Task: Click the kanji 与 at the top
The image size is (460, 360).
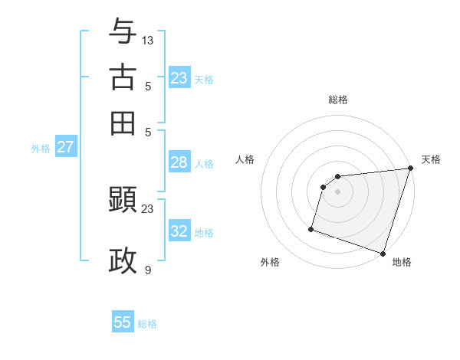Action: click(123, 31)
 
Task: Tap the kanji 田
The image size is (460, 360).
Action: click(123, 123)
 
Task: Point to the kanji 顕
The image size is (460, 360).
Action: click(123, 200)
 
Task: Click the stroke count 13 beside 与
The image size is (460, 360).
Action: click(148, 40)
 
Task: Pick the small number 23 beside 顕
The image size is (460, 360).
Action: click(148, 208)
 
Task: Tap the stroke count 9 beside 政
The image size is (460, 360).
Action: click(148, 270)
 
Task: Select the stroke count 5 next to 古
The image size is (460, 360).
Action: click(148, 86)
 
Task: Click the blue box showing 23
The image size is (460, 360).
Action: click(179, 78)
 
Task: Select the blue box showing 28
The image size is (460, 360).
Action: click(179, 162)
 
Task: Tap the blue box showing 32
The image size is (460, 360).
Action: click(179, 231)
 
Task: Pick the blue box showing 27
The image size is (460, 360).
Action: click(65, 147)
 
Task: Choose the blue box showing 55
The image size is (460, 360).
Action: click(123, 322)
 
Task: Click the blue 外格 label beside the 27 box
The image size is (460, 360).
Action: click(41, 149)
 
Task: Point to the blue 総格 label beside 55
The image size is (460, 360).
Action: click(147, 324)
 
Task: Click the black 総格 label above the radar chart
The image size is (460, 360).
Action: click(338, 100)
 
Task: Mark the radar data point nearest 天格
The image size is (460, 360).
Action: click(410, 169)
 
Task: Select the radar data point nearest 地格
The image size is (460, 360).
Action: click(383, 253)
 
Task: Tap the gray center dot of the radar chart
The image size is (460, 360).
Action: click(338, 191)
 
